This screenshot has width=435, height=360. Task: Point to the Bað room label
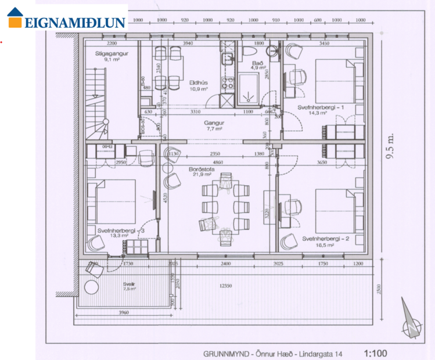[x=257, y=63]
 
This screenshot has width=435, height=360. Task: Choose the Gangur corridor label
[x=214, y=123]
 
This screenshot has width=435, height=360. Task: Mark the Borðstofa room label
[x=202, y=170]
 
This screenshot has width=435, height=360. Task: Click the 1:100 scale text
[x=375, y=352]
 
